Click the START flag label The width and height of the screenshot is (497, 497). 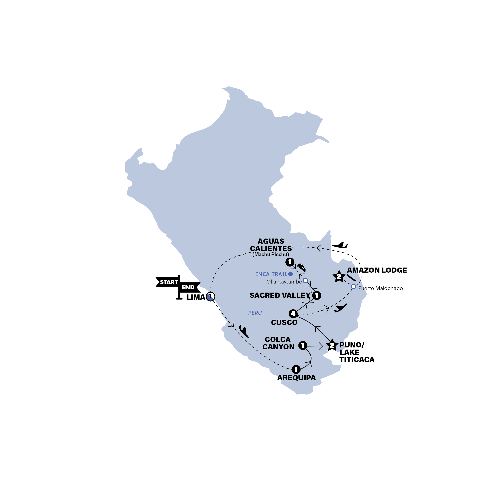[168, 282]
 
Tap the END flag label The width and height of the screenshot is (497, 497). [188, 287]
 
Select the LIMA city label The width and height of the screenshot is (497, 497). [196, 297]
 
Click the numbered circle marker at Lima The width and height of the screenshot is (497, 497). [210, 297]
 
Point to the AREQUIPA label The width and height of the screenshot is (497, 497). [296, 378]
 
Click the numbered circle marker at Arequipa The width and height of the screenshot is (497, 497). [296, 369]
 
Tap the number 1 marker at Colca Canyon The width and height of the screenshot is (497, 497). [303, 345]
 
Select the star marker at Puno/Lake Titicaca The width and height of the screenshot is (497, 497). [332, 345]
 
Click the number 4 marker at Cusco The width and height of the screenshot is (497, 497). [293, 314]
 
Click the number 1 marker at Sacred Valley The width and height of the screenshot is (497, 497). [317, 295]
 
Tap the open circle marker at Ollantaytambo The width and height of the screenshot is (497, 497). [305, 281]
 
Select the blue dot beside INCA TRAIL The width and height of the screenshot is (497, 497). [290, 274]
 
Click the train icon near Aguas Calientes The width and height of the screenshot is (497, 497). [301, 268]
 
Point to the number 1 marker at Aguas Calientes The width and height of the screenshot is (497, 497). [290, 262]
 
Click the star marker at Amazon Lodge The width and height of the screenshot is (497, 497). [339, 277]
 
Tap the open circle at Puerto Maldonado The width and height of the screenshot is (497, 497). [354, 286]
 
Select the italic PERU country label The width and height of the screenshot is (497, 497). [255, 313]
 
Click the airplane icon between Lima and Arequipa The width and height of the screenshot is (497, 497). [243, 331]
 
